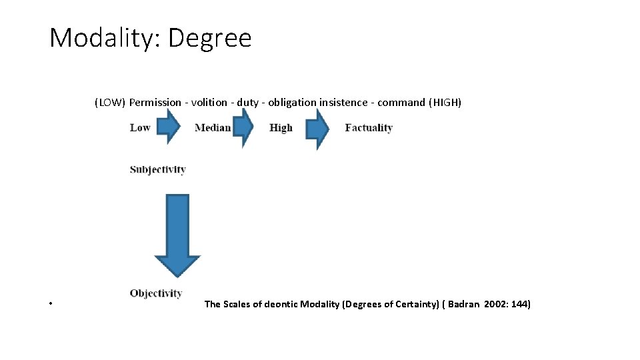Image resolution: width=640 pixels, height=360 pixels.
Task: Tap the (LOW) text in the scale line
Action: point(109,103)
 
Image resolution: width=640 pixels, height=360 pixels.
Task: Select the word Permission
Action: point(155,103)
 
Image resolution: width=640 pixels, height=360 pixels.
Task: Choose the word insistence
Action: point(343,103)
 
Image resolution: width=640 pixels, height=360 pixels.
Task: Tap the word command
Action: point(401,103)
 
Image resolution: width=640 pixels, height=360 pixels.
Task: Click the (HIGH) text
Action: point(445,103)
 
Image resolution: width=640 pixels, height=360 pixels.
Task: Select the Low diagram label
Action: point(140,128)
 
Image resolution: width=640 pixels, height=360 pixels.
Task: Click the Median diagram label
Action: point(213,128)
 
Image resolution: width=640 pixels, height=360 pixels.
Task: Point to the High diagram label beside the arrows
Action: point(281,128)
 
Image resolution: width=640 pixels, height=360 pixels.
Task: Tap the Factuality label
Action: point(369,128)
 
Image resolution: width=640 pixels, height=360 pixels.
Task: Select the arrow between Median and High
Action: point(243,127)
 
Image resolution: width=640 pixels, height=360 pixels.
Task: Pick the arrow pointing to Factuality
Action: point(317,128)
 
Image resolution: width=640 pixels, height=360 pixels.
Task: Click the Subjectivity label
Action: point(157,170)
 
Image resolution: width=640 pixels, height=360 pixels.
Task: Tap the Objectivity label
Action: point(156,293)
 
